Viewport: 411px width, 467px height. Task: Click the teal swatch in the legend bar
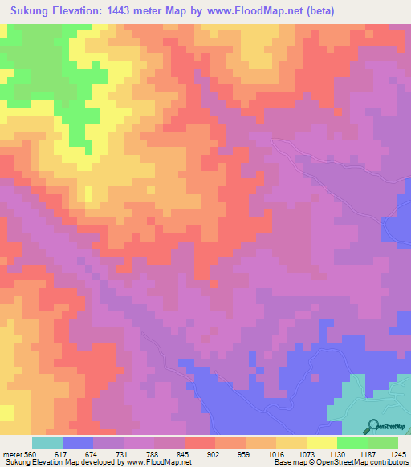tap(47, 442)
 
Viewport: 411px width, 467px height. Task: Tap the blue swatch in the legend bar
tap(78, 442)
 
